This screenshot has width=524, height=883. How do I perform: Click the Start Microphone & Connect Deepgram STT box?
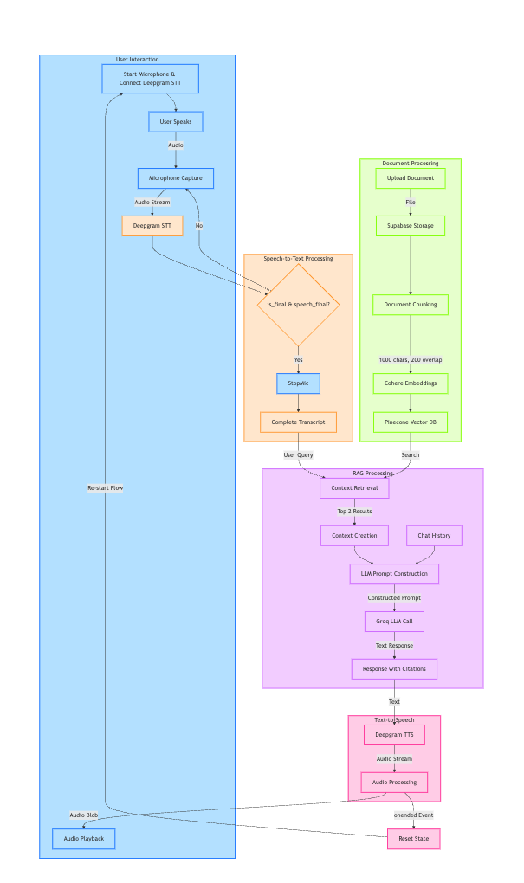click(150, 79)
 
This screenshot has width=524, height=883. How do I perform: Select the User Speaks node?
click(176, 122)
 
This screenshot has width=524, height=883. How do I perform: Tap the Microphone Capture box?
click(176, 178)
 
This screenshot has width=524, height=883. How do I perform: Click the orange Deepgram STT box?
click(152, 226)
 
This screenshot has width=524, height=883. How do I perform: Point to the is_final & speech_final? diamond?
click(298, 305)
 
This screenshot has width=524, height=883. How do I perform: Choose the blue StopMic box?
click(298, 383)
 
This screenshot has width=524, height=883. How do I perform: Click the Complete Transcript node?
click(298, 422)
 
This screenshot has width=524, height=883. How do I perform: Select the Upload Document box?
click(411, 178)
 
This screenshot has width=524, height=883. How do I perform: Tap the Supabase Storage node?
click(411, 226)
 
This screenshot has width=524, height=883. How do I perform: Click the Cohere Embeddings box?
click(411, 383)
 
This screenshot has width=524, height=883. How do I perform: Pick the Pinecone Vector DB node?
click(411, 422)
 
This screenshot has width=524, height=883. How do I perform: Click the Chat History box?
click(434, 536)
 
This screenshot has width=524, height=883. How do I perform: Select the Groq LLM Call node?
click(394, 622)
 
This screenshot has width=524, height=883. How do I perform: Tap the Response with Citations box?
click(394, 669)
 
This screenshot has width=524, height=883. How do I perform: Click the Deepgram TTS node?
click(394, 735)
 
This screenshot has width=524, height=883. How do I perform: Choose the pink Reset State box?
click(413, 839)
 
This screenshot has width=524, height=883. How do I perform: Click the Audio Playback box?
click(83, 839)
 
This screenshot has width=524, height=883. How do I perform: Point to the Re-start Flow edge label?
click(105, 488)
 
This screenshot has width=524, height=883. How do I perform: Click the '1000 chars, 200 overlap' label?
click(411, 359)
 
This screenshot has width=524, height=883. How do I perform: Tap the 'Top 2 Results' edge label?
click(354, 512)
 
